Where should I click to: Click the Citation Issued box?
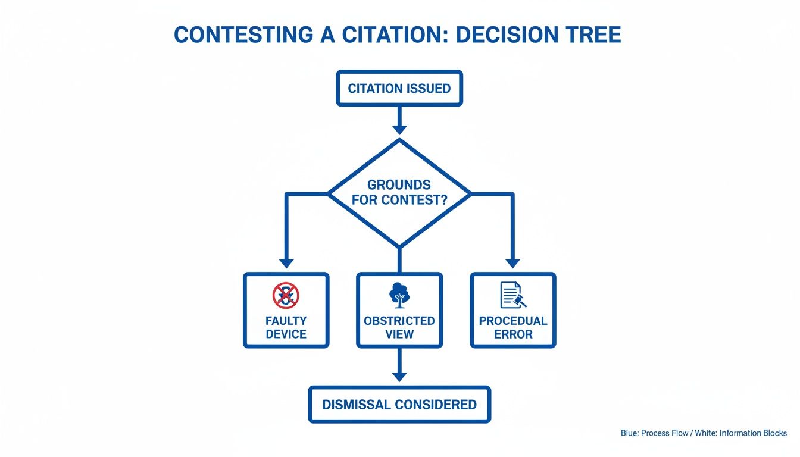[x=399, y=89]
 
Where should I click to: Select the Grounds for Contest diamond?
[x=399, y=193]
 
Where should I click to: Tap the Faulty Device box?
[x=286, y=310]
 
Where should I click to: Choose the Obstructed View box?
[x=399, y=310]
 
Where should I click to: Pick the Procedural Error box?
[x=512, y=310]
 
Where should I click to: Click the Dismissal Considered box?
[x=399, y=405]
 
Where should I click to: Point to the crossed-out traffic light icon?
[x=286, y=295]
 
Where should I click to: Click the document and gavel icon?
[x=512, y=295]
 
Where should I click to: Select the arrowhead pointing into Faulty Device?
[x=286, y=262]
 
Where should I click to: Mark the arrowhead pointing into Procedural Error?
[x=512, y=262]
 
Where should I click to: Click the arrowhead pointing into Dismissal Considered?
[x=399, y=376]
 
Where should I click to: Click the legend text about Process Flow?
[x=704, y=433]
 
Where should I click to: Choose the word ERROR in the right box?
[x=513, y=334]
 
